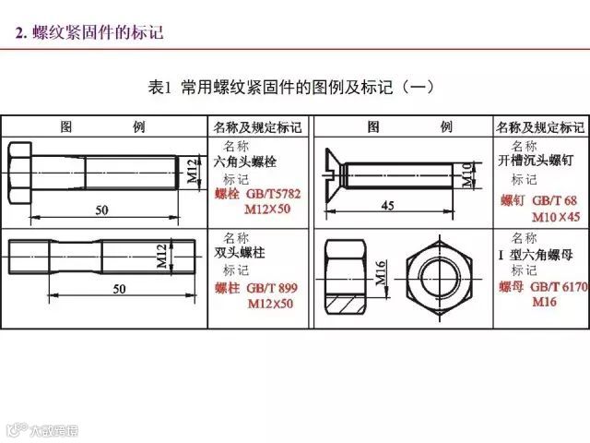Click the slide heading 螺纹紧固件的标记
point(98,33)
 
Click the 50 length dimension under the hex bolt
point(101,210)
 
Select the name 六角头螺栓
point(245,162)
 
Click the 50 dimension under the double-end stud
point(118,289)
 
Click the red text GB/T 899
point(272,288)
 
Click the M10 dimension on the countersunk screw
point(466,173)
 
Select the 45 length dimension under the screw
point(387,206)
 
